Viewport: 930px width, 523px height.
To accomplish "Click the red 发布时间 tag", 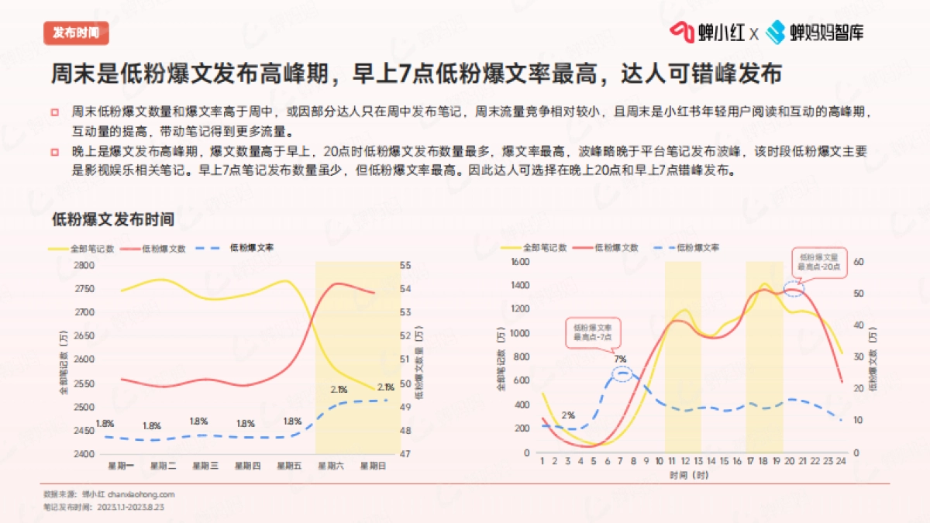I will tap(76, 33).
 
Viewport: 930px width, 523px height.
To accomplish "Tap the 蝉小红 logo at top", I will tap(708, 32).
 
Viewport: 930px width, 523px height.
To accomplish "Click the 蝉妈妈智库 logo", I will tap(815, 32).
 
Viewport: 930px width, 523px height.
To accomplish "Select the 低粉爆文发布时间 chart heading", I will tap(113, 219).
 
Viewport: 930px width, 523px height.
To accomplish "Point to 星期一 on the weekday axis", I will tap(119, 466).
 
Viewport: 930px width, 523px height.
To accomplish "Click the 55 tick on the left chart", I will tap(405, 265).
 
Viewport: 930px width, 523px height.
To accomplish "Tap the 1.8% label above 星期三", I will tap(199, 421).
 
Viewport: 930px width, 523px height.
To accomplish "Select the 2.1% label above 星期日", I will tap(385, 387).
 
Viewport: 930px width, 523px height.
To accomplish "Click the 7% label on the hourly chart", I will tap(620, 359).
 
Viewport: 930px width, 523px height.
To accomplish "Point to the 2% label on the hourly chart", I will tap(568, 415).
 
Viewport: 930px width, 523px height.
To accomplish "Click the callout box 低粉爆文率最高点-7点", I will tap(593, 332).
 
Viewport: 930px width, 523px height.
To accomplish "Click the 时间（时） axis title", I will tap(690, 474).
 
